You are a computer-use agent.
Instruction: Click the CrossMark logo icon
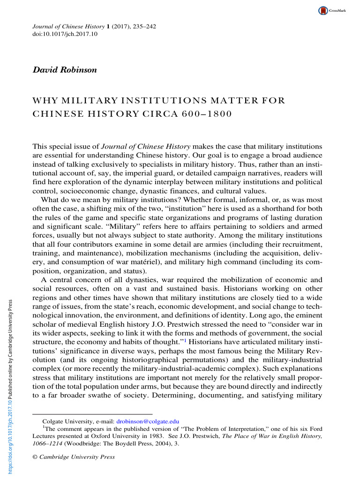point(323,10)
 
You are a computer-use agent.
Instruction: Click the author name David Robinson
point(64,70)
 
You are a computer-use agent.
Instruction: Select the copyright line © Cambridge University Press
point(74,457)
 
